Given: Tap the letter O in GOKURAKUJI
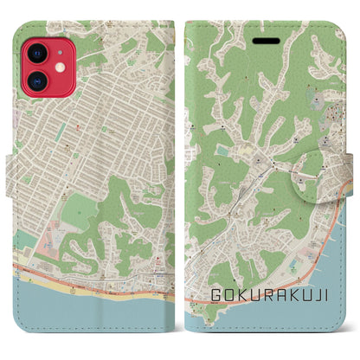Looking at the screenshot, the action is (230, 295).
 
